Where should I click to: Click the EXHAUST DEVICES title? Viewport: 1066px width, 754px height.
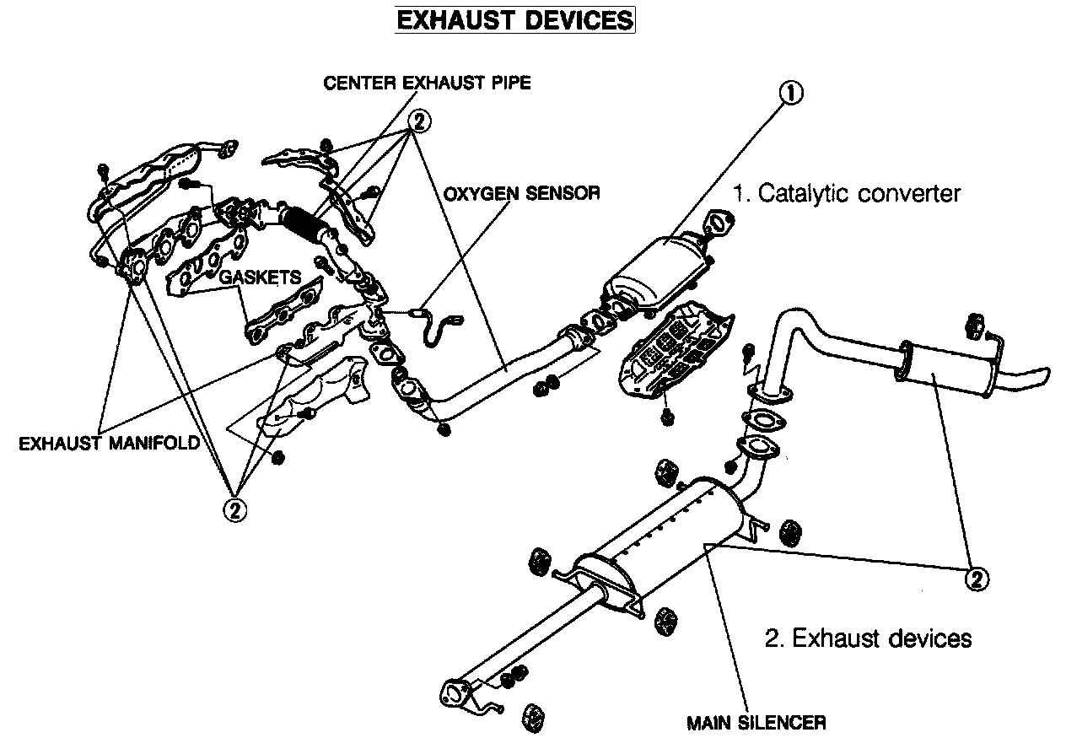514,19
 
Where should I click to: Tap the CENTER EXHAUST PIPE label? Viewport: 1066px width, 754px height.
427,83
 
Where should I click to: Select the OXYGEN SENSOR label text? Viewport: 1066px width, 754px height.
522,193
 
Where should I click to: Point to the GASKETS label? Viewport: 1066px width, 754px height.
260,277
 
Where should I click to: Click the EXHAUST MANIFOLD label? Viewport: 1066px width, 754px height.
109,443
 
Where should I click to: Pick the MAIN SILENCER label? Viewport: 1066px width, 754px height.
756,723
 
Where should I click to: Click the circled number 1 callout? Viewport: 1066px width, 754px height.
790,93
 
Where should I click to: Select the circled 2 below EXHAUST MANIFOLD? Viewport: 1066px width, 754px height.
234,509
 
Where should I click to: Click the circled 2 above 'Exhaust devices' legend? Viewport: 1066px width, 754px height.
976,579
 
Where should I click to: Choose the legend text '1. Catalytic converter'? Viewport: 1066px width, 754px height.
846,193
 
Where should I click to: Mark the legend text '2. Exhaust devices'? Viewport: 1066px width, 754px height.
868,638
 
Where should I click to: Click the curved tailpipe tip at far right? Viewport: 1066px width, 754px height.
1033,378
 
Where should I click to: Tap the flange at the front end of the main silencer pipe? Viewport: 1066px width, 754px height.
453,694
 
